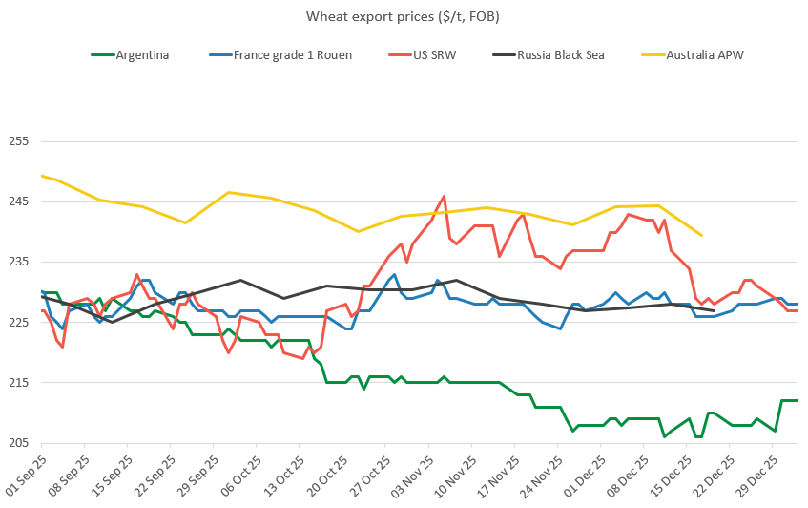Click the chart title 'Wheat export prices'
404,16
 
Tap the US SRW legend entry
436,54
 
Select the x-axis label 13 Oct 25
282,475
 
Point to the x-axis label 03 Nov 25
411,475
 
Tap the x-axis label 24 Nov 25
541,475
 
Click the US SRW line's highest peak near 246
445,196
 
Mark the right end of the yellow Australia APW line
702,235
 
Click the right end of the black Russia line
715,311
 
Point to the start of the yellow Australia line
42,176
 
